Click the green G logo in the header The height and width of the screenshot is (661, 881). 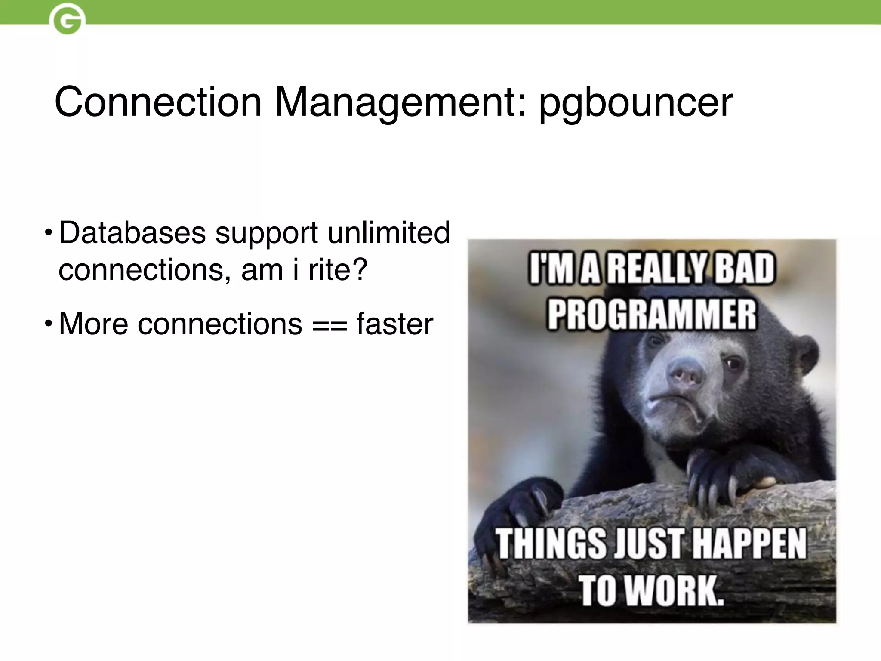[x=67, y=20]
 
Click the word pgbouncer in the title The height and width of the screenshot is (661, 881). [x=636, y=103]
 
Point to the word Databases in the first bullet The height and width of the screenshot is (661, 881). [x=132, y=233]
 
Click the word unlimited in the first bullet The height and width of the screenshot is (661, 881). [x=388, y=233]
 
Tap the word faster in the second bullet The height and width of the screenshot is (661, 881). [x=394, y=324]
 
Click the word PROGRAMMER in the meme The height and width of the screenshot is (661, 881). [x=651, y=315]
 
